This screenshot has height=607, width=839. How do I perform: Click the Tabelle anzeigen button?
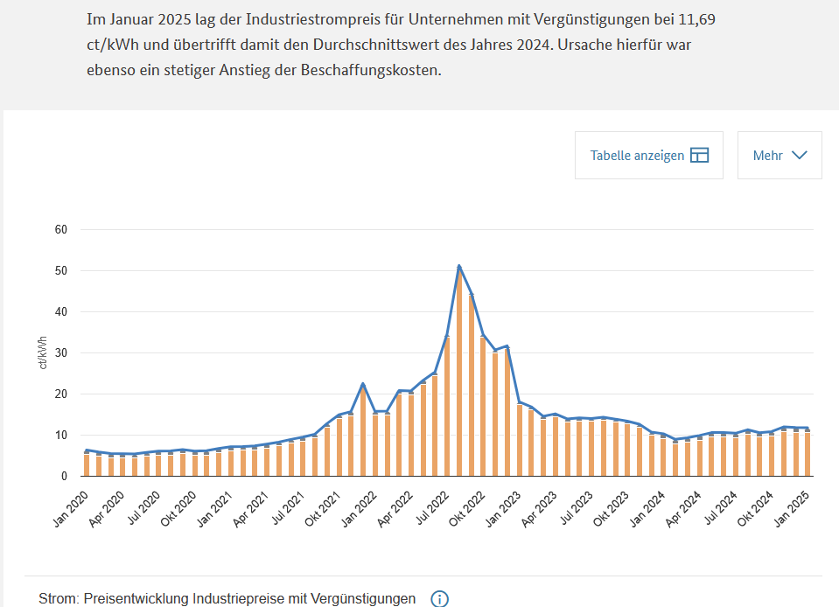649,155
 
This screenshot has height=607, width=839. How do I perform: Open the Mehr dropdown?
780,155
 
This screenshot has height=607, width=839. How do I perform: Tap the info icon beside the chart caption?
439,599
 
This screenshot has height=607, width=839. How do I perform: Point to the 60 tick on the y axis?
61,229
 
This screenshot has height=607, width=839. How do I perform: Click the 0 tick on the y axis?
64,476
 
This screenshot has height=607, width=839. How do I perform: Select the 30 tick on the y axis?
61,353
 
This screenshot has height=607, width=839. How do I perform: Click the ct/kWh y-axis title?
43,352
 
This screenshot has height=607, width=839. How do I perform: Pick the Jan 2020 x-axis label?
71,509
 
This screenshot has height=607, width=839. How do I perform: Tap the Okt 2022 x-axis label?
466,509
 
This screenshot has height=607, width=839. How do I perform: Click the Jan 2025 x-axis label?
792,509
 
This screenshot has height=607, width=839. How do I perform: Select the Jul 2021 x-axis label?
288,508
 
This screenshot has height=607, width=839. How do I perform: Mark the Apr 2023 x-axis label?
539,509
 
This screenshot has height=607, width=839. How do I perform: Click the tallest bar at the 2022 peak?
459,372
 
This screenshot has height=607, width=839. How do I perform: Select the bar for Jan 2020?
87,464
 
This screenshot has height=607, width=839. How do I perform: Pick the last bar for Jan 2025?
808,452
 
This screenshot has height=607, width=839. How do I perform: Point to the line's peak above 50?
459,266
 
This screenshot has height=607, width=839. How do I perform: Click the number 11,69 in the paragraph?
696,20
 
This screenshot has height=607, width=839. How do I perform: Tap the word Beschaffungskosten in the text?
371,70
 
